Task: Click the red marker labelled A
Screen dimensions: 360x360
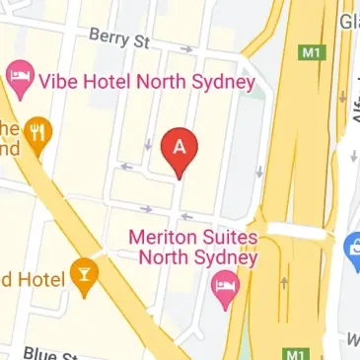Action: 179,148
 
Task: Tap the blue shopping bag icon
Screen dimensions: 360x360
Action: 352,251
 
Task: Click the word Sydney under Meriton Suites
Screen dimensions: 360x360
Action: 223,258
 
